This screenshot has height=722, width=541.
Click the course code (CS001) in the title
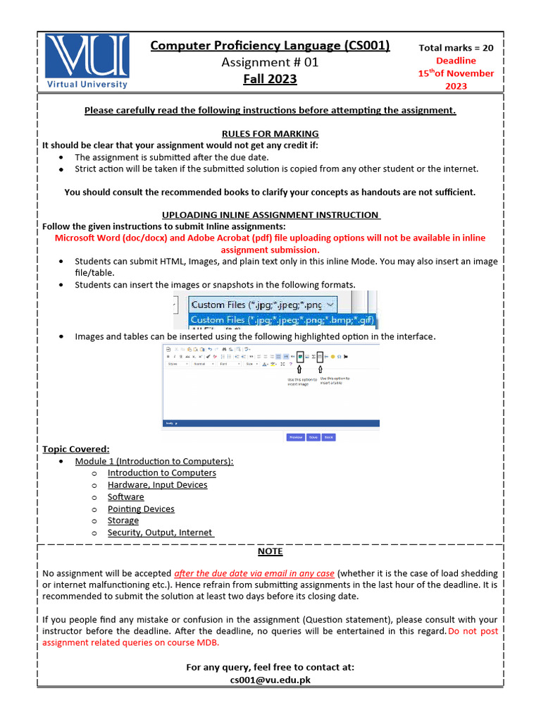pos(366,46)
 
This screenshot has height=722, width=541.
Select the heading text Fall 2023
pos(270,79)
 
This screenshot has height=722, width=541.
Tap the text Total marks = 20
pos(456,48)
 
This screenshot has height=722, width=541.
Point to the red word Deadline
pos(456,61)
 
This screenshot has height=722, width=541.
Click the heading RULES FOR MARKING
pos(270,133)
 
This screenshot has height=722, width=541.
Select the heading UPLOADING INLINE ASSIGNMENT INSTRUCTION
pos(270,214)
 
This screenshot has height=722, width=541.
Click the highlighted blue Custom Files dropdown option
pos(282,320)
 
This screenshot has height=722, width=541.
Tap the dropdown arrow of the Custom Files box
pos(332,305)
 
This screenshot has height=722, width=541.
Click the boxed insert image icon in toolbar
pos(301,357)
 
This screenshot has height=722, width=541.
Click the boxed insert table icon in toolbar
pos(320,357)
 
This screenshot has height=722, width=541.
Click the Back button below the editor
pos(329,437)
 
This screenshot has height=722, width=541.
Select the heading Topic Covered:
pos(76,449)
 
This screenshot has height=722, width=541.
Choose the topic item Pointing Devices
pos(141,508)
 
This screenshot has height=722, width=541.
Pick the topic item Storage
pos(123,520)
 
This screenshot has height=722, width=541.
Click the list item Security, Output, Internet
pos(160,532)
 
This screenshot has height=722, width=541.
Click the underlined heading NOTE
pos(270,551)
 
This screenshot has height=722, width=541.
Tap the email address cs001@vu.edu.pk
pos(270,680)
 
